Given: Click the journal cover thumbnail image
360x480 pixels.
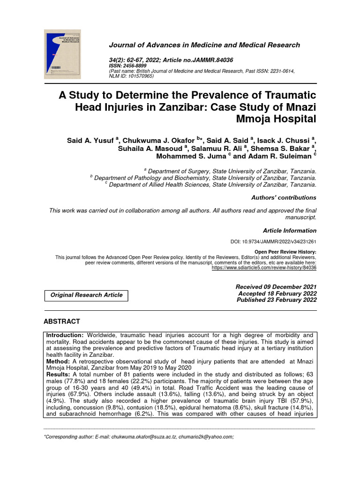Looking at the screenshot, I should click(62, 54).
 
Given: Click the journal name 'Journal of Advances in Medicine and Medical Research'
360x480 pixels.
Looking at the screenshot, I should click(204, 45).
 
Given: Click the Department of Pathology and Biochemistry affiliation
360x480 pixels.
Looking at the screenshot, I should click(205, 178).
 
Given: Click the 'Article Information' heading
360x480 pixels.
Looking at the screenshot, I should click(289, 231).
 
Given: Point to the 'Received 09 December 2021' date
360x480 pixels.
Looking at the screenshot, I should click(276, 287).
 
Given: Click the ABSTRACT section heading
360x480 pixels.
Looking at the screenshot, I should click(62, 322).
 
